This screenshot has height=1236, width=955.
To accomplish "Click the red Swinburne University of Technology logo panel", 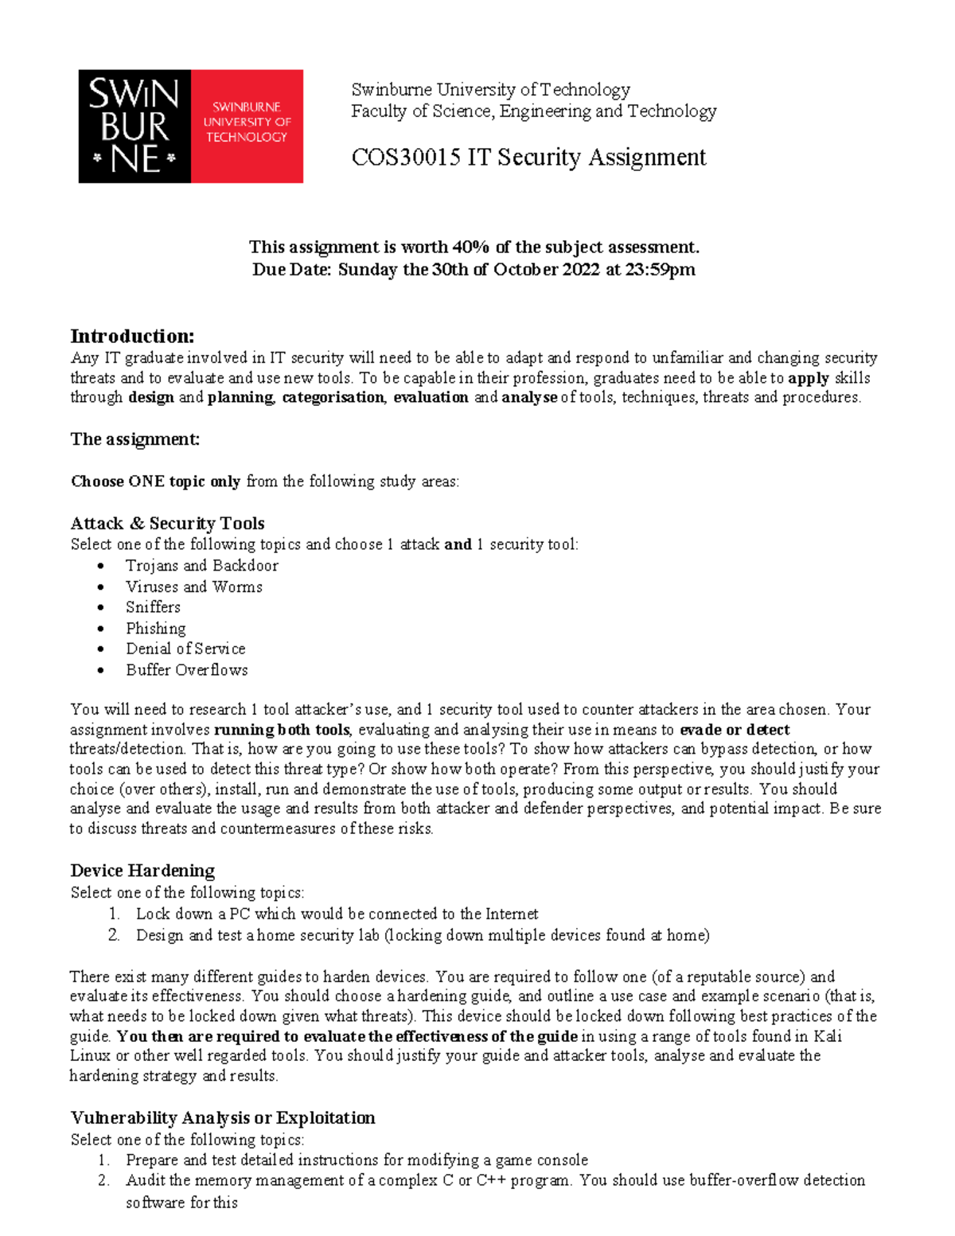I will (x=247, y=126).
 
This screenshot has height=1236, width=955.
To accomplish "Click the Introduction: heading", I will (x=132, y=336).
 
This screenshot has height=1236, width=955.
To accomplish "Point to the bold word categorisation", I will (x=333, y=397).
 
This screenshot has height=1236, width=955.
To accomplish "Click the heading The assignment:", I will (x=134, y=439).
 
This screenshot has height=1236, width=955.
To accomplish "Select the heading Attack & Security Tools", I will (x=167, y=523).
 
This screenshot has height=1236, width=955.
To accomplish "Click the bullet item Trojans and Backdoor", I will (x=201, y=565).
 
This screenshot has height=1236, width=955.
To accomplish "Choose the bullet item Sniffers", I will (x=153, y=606).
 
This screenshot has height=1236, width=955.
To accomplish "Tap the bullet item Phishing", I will (x=155, y=628).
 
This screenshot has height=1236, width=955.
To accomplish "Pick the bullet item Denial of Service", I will (x=185, y=649).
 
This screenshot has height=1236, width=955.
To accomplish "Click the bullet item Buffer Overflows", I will (x=186, y=669).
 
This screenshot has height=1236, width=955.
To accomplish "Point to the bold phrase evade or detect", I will (x=735, y=730).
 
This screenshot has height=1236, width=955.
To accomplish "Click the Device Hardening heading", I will (x=142, y=870).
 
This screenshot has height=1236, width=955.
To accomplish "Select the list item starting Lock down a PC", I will (x=337, y=914).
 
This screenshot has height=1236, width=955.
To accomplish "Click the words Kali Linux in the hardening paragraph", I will (x=828, y=1036).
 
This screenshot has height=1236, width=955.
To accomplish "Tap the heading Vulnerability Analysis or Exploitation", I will (x=222, y=1117).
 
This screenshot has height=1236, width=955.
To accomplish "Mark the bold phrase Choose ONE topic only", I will (x=155, y=482).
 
